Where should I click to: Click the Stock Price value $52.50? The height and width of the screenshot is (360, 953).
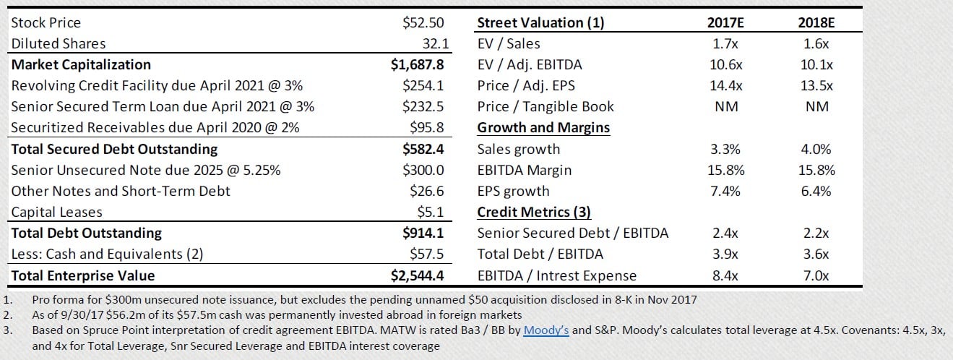(423, 22)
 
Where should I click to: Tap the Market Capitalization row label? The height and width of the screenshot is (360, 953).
(81, 64)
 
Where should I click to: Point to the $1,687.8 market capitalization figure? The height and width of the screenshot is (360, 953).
(417, 64)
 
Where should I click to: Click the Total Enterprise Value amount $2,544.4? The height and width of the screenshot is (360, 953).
(417, 275)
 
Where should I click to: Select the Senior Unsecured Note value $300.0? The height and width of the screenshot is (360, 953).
(423, 170)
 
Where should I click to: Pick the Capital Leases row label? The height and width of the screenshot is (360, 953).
(56, 212)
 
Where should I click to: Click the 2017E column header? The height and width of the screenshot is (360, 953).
(725, 22)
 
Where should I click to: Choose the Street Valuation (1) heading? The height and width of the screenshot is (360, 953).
(540, 22)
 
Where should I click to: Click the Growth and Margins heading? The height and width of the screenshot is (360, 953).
(543, 128)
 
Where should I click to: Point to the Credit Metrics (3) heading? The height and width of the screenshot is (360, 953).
(534, 212)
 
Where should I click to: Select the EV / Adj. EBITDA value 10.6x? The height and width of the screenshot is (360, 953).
(726, 64)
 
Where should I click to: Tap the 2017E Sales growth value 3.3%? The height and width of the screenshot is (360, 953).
(726, 149)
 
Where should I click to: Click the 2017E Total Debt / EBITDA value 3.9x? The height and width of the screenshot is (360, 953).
(726, 254)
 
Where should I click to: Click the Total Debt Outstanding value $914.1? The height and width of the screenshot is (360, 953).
(423, 233)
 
